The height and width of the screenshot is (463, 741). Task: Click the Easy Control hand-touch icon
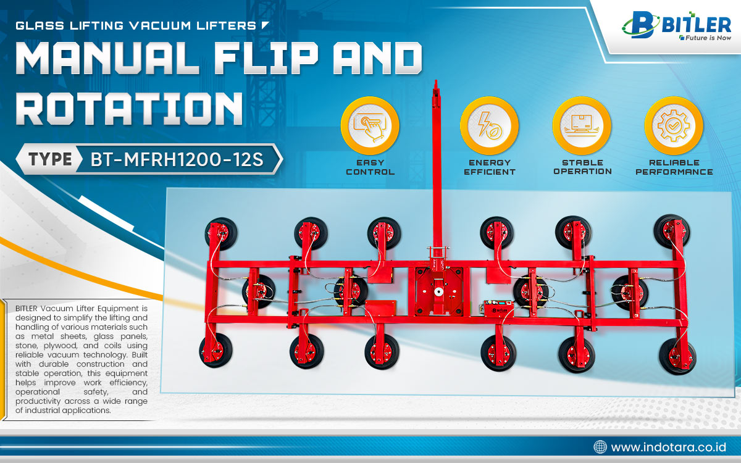click(x=370, y=126)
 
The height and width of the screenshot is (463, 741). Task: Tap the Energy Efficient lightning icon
click(x=489, y=126)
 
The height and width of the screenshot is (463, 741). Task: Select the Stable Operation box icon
click(x=582, y=126)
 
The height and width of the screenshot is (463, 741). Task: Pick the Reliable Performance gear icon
click(x=674, y=126)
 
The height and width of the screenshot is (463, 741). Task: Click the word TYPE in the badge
click(x=50, y=159)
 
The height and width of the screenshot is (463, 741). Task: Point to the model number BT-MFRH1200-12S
click(x=177, y=160)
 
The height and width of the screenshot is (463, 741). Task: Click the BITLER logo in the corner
click(x=677, y=25)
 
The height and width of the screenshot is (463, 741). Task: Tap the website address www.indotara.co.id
click(x=668, y=448)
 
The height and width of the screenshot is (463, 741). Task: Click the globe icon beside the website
click(x=600, y=447)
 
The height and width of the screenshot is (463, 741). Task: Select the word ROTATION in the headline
click(x=129, y=109)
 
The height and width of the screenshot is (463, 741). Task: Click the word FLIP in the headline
click(x=266, y=58)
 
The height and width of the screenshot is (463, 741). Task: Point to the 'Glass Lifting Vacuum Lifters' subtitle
click(x=136, y=25)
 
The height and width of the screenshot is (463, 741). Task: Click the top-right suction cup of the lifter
click(x=672, y=231)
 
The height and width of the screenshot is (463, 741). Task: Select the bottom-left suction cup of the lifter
click(x=216, y=350)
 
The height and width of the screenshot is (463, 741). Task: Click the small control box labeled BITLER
click(x=499, y=309)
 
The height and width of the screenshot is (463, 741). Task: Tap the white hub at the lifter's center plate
click(x=439, y=291)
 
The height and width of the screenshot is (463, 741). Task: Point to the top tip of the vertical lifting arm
click(x=436, y=80)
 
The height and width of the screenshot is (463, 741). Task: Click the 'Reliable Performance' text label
click(x=674, y=167)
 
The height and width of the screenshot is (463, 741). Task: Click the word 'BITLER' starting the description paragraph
click(x=27, y=309)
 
